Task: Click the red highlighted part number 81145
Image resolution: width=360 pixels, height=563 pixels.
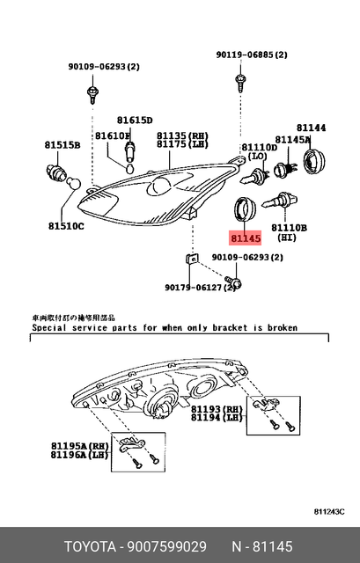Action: pyautogui.click(x=246, y=238)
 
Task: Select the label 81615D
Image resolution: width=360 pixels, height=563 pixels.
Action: pyautogui.click(x=135, y=120)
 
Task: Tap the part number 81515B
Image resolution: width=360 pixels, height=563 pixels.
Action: pyautogui.click(x=62, y=144)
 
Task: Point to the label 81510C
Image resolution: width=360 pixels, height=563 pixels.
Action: pyautogui.click(x=67, y=225)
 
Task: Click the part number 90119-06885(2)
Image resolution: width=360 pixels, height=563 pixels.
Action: pyautogui.click(x=252, y=55)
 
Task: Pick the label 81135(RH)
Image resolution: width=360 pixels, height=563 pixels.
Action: pyautogui.click(x=181, y=135)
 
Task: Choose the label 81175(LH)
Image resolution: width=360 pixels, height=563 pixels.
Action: pyautogui.click(x=181, y=144)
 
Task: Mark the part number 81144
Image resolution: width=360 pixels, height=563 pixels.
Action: pyautogui.click(x=311, y=128)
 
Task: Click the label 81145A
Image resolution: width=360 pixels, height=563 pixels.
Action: pyautogui.click(x=292, y=139)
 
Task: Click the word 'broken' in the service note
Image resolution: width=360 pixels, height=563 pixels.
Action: pyautogui.click(x=279, y=327)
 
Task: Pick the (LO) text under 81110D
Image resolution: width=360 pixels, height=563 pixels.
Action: pyautogui.click(x=257, y=156)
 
